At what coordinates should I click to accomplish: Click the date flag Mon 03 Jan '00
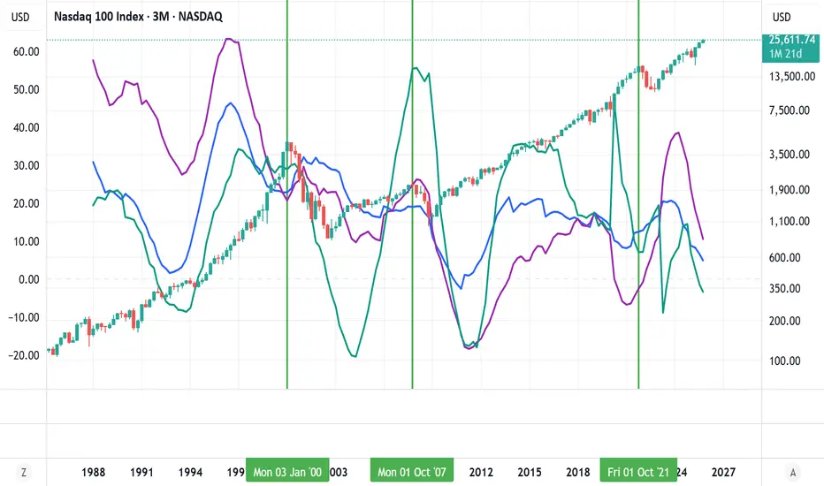(x=287, y=472)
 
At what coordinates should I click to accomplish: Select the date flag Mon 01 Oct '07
(x=412, y=472)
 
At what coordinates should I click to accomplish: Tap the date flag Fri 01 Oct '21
(x=639, y=472)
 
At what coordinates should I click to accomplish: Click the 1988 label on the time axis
(x=94, y=472)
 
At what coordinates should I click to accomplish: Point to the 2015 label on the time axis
(x=530, y=472)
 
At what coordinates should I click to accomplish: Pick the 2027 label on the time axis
(x=724, y=472)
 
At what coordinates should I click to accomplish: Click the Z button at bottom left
(x=24, y=472)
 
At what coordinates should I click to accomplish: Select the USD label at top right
(x=783, y=17)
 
